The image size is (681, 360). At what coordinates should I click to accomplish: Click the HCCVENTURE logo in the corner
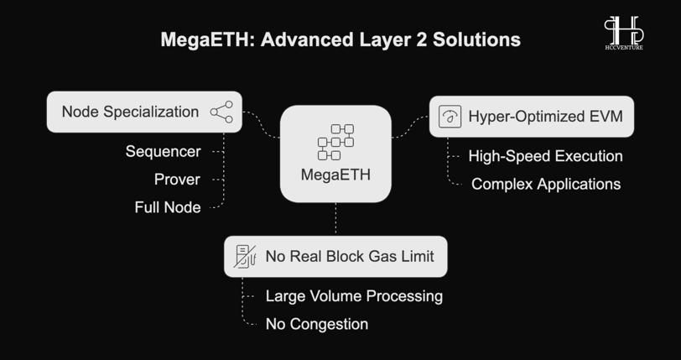[624, 33]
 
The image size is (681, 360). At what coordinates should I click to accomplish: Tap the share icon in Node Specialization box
[221, 112]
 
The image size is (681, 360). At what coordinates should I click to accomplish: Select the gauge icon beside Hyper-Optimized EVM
[450, 117]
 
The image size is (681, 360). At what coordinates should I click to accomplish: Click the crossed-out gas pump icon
[245, 257]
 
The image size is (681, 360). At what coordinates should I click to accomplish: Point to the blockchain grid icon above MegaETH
[335, 142]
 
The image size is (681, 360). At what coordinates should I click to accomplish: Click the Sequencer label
[164, 152]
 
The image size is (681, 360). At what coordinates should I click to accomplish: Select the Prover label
[177, 180]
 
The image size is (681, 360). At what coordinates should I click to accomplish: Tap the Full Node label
[168, 207]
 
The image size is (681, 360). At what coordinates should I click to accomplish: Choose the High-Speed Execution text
[545, 156]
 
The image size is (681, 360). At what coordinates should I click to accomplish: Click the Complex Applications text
[546, 184]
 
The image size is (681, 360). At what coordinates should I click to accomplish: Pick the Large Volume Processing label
[355, 296]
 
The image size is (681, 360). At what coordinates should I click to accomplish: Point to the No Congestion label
[317, 324]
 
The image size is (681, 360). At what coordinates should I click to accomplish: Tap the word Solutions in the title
[476, 39]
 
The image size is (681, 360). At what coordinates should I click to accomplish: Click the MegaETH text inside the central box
[335, 175]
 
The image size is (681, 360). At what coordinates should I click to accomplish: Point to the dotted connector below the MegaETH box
[335, 219]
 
